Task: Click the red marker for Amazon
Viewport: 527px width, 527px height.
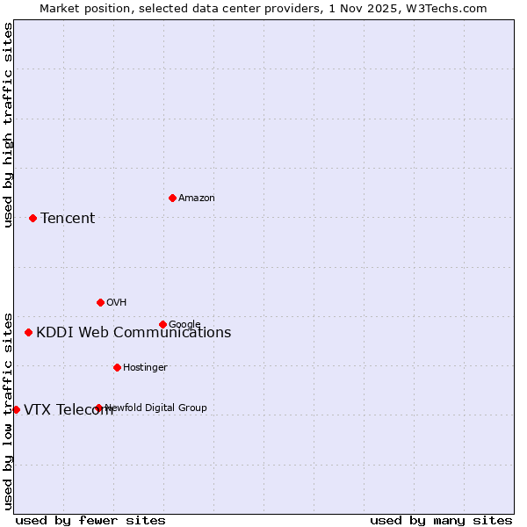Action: coord(172,198)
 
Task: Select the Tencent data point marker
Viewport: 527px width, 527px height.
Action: coord(32,218)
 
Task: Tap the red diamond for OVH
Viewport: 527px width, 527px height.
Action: coord(100,302)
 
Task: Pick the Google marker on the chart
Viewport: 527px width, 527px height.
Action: coord(162,324)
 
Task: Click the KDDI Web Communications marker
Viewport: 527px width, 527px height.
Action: coord(28,332)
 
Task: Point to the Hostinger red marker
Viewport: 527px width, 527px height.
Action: coord(117,367)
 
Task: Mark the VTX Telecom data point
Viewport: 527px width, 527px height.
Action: coord(16,409)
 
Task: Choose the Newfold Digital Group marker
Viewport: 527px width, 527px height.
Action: coord(98,408)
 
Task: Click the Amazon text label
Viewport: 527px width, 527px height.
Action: coord(197,199)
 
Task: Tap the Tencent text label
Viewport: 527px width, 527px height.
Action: coord(68,219)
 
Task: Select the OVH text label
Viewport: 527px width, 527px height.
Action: coord(117,303)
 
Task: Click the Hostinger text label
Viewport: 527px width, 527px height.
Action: coord(145,368)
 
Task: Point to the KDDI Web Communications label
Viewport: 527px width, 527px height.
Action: coord(134,333)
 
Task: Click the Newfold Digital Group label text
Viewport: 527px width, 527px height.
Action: coord(156,408)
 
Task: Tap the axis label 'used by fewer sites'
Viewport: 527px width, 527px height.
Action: coord(90,521)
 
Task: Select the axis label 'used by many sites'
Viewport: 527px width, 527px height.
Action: coord(441,521)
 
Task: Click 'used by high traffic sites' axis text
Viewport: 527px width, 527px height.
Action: coord(8,125)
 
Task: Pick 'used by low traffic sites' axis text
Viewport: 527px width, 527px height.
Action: coord(8,410)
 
